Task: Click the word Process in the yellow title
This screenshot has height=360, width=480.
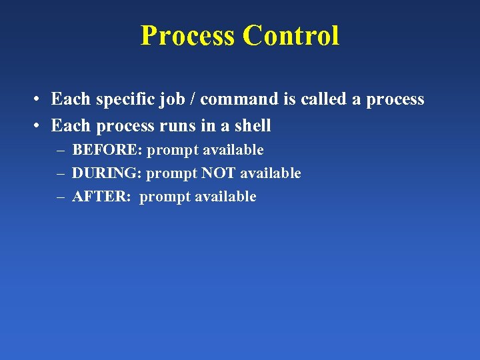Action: (x=188, y=35)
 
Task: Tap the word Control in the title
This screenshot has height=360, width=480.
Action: (x=291, y=35)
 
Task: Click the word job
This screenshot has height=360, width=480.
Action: (x=169, y=100)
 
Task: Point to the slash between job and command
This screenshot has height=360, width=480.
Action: (x=190, y=99)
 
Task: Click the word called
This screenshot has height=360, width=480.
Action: (x=325, y=99)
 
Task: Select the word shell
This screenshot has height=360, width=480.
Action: (x=251, y=125)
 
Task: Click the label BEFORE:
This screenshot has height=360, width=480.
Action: (x=107, y=150)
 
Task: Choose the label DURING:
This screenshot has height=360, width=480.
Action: (x=107, y=173)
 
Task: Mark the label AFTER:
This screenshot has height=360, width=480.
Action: (x=101, y=197)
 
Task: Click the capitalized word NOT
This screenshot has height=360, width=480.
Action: (x=219, y=173)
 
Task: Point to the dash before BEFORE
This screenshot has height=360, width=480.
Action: (x=61, y=151)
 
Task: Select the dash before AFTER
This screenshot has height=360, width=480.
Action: (x=61, y=197)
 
